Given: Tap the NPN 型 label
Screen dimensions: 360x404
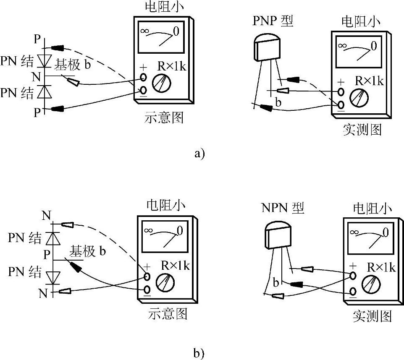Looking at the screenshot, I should pos(282,208).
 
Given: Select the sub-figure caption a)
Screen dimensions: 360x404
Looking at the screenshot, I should pos(199,154).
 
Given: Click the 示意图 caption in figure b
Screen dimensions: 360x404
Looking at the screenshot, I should pos(168,314).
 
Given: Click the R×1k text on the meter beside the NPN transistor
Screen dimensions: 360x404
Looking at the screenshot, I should pos(381,267).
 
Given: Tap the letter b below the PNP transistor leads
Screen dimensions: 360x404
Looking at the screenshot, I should pos(278,102).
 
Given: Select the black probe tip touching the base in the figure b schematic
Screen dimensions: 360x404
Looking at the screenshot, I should pos(74,266).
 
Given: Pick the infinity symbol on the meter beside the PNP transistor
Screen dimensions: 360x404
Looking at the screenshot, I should pos(343,45).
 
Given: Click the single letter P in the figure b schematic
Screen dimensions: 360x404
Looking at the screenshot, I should pos(47,254).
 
